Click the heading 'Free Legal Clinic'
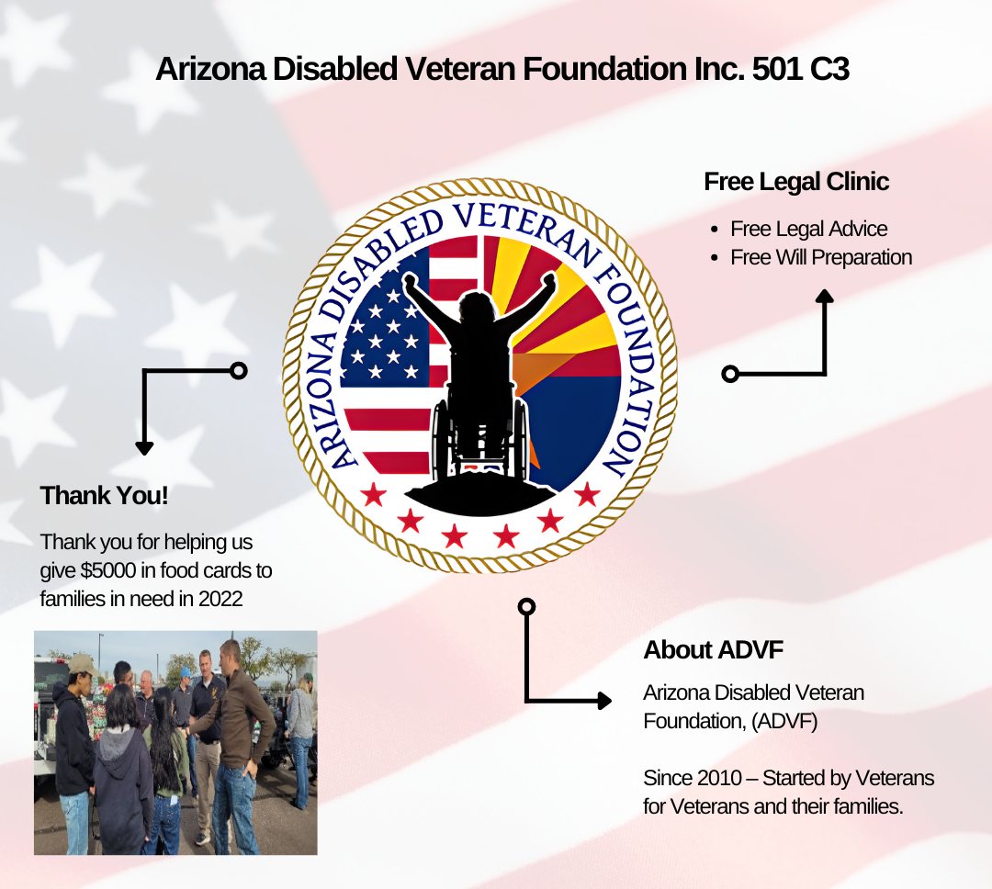796,182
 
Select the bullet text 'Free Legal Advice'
808,229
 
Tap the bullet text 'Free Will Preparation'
821,257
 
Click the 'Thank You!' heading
105,495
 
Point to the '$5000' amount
108,570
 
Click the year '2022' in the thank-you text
220,599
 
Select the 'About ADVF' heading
713,650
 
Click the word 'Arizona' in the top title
210,69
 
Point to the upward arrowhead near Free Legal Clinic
824,296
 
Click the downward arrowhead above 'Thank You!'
144,448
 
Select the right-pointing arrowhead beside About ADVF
604,701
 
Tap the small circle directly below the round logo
526,607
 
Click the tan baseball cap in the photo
83,664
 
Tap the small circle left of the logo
239,371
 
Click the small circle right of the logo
730,374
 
